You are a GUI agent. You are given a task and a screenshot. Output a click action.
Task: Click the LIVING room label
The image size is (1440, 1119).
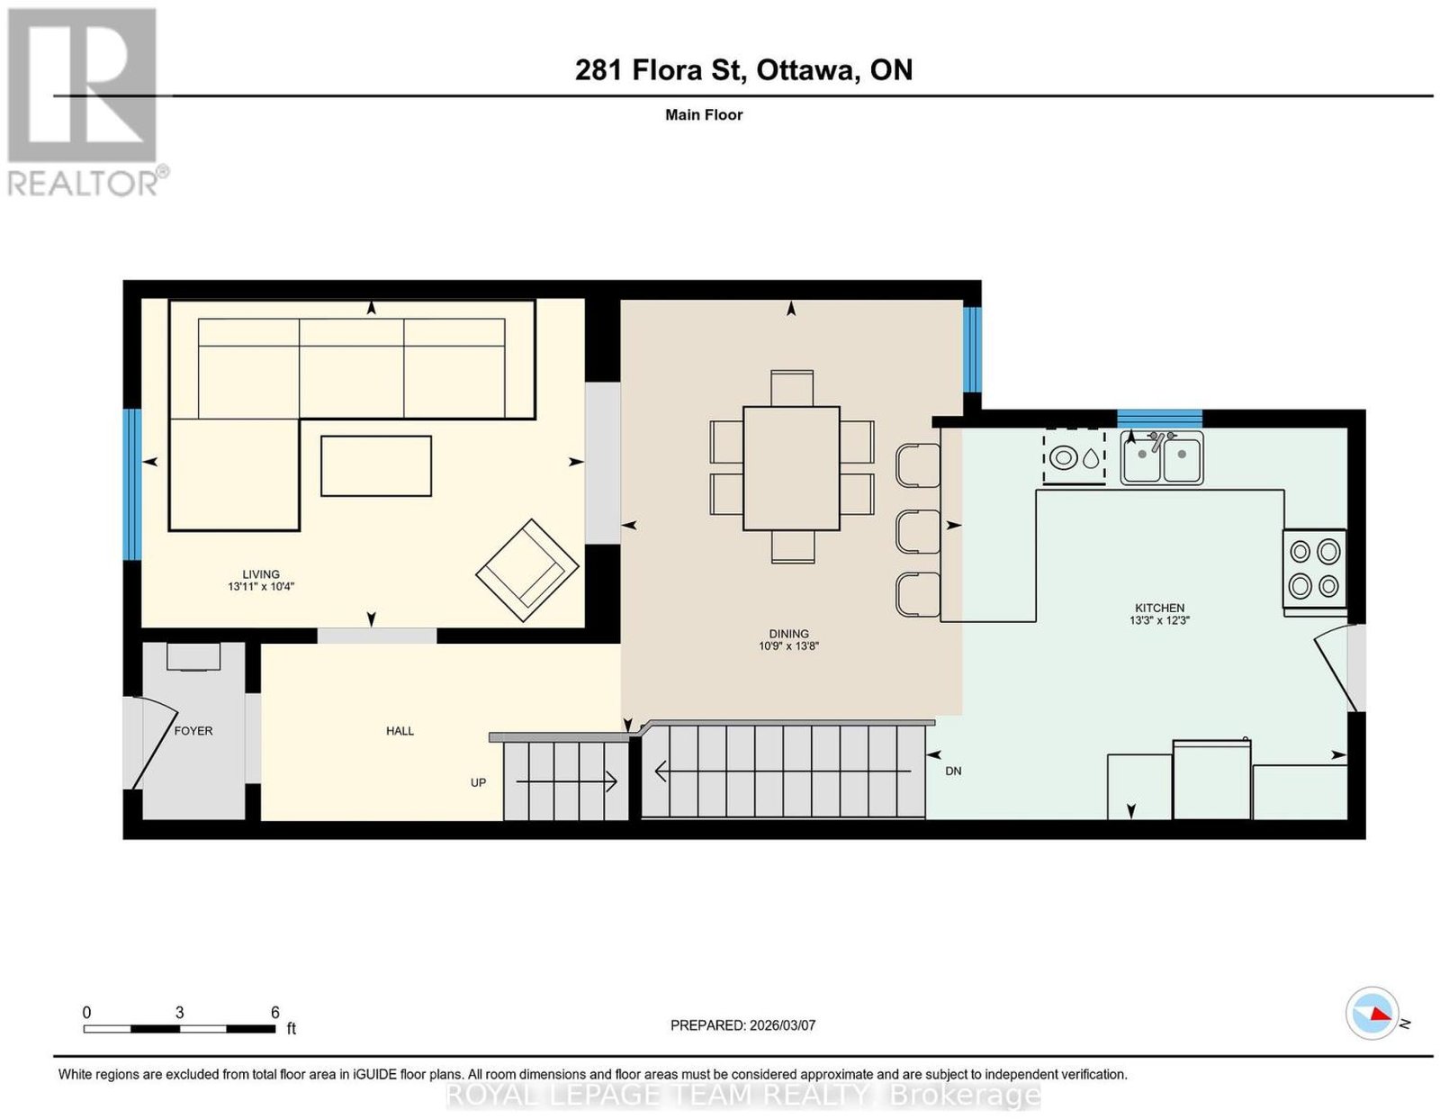(x=260, y=573)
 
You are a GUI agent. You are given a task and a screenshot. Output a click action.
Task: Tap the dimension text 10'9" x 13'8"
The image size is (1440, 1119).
(x=788, y=646)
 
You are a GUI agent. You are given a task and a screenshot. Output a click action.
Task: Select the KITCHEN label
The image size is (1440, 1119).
(x=1160, y=608)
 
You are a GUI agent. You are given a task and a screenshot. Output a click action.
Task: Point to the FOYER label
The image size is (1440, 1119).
(x=193, y=731)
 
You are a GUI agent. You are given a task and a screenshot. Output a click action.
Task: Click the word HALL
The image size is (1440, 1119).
(x=400, y=731)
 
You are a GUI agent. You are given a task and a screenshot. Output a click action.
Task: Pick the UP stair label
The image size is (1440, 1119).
(x=478, y=782)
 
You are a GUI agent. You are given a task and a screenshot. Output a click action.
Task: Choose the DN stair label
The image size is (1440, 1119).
(x=953, y=771)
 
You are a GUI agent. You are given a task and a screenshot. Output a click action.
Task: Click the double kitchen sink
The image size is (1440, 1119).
(x=1162, y=457)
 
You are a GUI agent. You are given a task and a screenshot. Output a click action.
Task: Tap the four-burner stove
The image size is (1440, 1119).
(x=1314, y=568)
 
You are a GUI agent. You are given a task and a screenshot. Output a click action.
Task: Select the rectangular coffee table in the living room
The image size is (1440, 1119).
(x=375, y=465)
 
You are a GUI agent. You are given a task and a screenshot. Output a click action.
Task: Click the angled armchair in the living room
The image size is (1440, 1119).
(x=527, y=571)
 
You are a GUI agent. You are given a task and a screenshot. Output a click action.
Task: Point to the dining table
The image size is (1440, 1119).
(x=791, y=468)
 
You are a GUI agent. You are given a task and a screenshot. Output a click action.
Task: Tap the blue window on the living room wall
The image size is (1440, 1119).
(x=133, y=484)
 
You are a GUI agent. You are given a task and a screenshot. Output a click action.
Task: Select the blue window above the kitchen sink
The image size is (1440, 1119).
(x=1160, y=419)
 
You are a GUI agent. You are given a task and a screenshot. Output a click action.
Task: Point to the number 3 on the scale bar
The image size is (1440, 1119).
(x=180, y=1013)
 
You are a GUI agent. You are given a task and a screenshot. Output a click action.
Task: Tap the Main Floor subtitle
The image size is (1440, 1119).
(x=704, y=114)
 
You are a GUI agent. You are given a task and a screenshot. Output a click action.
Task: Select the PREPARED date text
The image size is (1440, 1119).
(x=742, y=1024)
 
